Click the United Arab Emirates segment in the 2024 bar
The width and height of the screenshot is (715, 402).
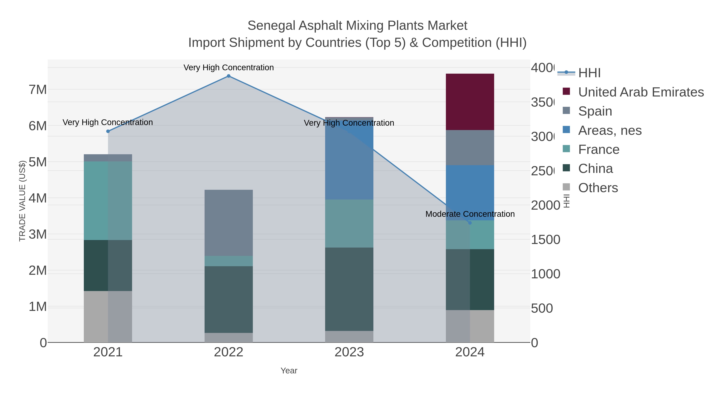[470, 102]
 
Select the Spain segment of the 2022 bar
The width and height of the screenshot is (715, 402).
[228, 223]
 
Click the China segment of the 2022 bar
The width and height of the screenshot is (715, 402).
[228, 299]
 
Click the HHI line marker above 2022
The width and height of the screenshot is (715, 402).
[228, 76]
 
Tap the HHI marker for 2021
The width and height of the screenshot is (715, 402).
[108, 131]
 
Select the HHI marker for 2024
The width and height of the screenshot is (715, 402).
[470, 223]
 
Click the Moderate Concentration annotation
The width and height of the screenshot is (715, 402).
[470, 214]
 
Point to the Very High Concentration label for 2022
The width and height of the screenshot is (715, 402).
[228, 68]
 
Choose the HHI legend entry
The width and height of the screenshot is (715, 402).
[589, 73]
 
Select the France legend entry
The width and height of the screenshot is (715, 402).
[598, 149]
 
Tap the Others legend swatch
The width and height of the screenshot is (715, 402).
[566, 187]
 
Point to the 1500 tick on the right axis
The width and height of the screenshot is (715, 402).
[545, 240]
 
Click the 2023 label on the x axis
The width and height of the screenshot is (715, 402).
[349, 352]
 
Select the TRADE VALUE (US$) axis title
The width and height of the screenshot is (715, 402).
[22, 201]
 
